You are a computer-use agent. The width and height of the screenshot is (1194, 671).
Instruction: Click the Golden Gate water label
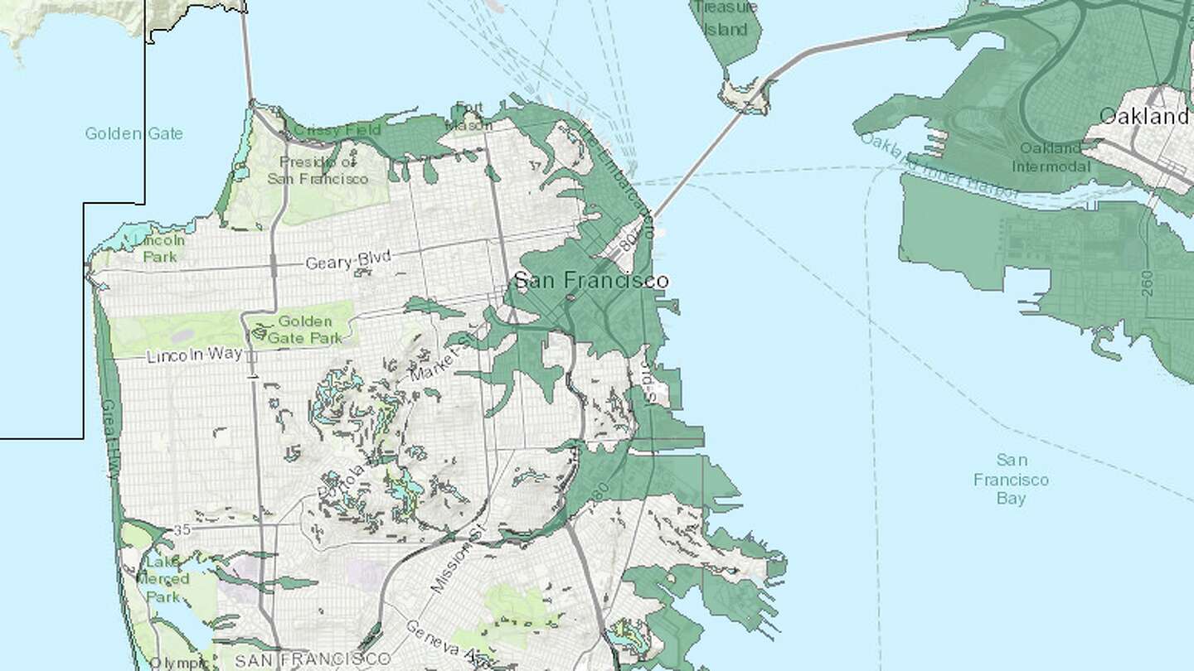(133, 133)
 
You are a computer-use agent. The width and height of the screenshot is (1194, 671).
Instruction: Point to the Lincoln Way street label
(195, 356)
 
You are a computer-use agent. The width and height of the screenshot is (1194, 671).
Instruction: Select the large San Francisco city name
(590, 281)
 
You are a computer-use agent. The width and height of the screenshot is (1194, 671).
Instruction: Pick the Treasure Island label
(721, 18)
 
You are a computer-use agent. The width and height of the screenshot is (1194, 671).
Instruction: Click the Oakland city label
(1143, 116)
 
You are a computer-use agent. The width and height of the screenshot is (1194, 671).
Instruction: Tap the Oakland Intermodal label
(1051, 157)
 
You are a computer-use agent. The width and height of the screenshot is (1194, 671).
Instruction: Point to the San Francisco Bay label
(1012, 479)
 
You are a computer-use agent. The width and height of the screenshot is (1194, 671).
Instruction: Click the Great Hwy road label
(109, 439)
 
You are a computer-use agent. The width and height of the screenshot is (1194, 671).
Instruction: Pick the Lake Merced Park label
(163, 579)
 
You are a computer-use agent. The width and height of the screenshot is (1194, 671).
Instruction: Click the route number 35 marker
(183, 530)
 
